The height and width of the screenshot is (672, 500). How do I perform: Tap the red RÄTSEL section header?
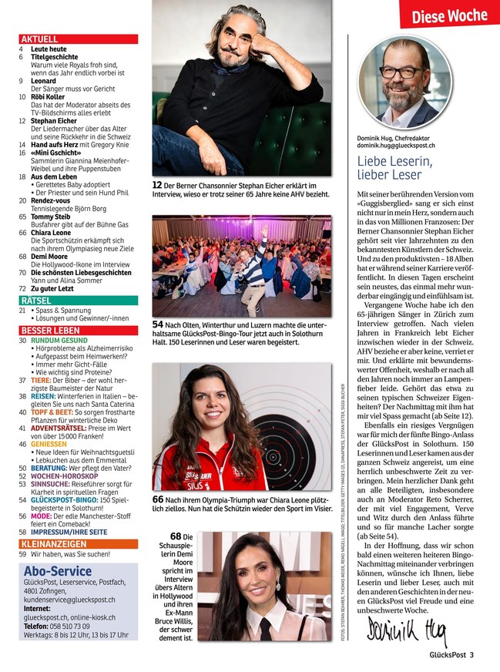pos(36,300)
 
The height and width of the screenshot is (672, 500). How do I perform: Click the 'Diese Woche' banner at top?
pos(449,15)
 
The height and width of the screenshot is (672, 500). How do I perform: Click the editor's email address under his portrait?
pos(396,145)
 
